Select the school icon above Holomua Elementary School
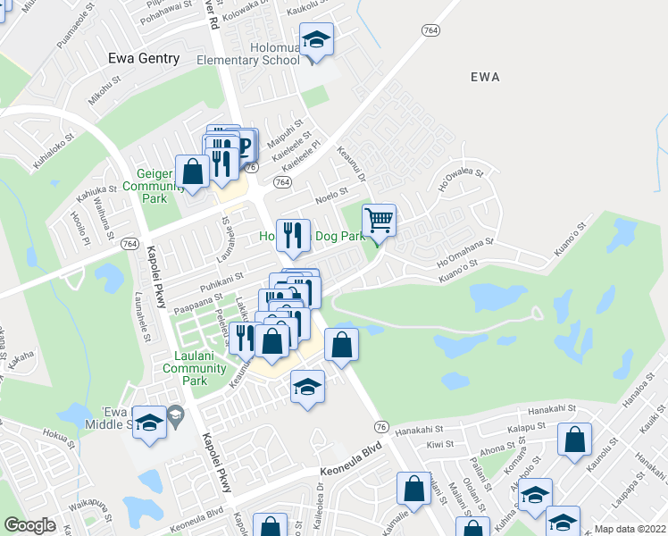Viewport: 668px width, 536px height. point(315,40)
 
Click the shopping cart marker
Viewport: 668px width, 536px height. point(380,220)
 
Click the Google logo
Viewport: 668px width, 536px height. point(30,524)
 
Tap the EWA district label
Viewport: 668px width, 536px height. point(490,77)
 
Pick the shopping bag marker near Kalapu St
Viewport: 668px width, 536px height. point(574,440)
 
